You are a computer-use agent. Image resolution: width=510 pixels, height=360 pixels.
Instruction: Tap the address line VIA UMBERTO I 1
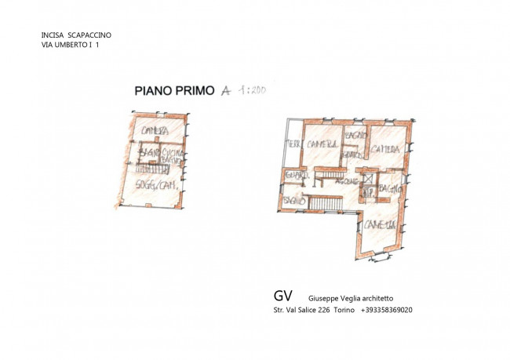click(x=70, y=45)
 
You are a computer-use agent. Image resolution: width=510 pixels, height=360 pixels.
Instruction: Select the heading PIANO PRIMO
click(x=174, y=90)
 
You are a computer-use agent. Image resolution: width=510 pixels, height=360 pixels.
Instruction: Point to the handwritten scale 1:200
click(x=251, y=90)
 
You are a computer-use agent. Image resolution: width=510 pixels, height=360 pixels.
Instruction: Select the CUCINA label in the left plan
click(x=171, y=151)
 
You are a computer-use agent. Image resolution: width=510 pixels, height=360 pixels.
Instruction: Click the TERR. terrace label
click(x=293, y=145)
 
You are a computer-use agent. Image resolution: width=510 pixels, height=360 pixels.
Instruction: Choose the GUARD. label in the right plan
click(x=294, y=174)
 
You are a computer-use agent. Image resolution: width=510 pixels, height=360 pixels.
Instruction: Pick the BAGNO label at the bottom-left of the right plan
click(x=294, y=202)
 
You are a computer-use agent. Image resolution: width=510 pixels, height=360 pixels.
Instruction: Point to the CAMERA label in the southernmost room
click(x=377, y=225)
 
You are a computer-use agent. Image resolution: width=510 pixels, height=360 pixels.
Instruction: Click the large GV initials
click(x=283, y=296)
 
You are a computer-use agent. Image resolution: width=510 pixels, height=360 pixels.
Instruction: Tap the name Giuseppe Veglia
click(x=334, y=298)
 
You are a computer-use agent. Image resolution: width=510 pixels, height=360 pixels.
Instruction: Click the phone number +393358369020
click(x=387, y=310)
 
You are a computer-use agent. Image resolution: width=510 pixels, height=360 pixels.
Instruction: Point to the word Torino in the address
click(x=344, y=310)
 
